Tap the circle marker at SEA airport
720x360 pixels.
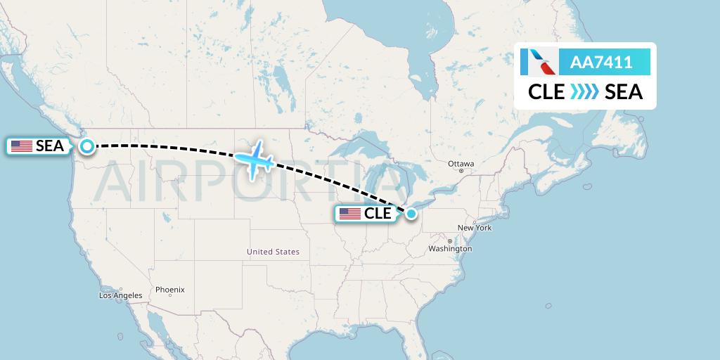click(86, 146)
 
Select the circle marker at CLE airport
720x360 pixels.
click(411, 213)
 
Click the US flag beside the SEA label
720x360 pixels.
click(22, 146)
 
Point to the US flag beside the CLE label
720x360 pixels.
click(349, 214)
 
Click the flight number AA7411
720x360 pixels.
click(601, 63)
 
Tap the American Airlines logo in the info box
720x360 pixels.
click(539, 63)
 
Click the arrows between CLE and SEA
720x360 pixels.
click(584, 91)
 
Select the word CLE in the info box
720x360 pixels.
click(546, 91)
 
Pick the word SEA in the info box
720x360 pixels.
click(624, 91)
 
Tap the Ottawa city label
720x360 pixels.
click(461, 164)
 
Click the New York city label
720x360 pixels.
click(474, 228)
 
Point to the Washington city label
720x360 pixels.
click(449, 249)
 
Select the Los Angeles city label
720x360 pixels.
click(120, 295)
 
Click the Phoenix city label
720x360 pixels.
click(169, 290)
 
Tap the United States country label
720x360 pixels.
click(273, 252)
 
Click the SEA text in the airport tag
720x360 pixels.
click(50, 146)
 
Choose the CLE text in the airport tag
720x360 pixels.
click(378, 214)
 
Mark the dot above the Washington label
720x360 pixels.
click(450, 241)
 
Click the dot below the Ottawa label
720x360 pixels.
click(461, 171)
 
